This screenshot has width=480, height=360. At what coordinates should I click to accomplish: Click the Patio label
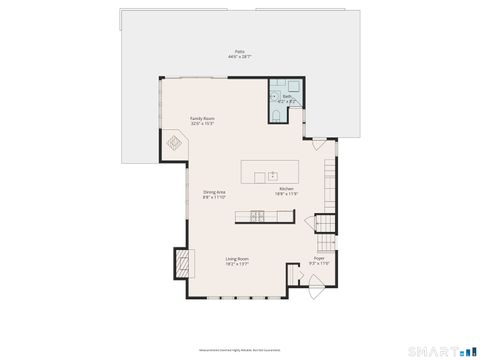[x=239, y=51]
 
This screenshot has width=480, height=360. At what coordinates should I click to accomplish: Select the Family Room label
[x=203, y=118]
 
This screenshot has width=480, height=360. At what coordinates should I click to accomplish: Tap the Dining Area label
[x=214, y=192]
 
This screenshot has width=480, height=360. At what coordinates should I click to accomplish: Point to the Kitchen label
[x=286, y=188]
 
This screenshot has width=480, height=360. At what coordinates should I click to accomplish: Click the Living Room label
[x=237, y=258]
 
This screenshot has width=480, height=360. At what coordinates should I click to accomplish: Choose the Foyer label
[x=319, y=258]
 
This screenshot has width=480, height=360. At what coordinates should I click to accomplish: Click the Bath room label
[x=274, y=97]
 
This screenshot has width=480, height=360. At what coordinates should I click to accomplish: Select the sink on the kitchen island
[x=271, y=175]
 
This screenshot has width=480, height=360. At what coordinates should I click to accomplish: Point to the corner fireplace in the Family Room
[x=174, y=147]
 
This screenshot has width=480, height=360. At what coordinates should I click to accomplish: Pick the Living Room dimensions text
[x=237, y=264]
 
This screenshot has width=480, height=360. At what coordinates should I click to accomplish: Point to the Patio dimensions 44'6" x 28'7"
[x=239, y=57]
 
